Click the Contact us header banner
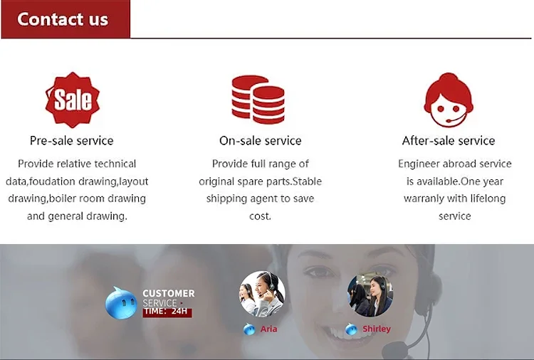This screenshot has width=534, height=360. coord(66,19)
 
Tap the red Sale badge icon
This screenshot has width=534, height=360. coord(73,100)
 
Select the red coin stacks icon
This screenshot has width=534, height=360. coord(258,100)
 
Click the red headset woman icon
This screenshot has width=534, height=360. coord(449,100)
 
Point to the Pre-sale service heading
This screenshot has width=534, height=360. coord(71,141)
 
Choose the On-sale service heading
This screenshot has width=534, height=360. coord(260,141)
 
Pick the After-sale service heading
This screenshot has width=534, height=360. coord(449,141)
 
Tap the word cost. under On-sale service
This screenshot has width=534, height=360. coord(260,216)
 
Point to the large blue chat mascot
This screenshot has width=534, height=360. coord(121,303)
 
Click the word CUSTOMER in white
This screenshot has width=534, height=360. coord(169,293)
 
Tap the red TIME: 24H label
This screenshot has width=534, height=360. coord(167,312)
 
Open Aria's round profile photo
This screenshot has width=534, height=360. coord(262,294)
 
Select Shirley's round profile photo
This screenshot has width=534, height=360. coord(370,294)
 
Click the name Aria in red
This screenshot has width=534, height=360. coord(268,329)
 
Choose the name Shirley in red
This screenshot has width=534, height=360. coord(377,329)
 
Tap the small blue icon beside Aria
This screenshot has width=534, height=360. coord(249,329)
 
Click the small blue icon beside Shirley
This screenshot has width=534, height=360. coord(351,329)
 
